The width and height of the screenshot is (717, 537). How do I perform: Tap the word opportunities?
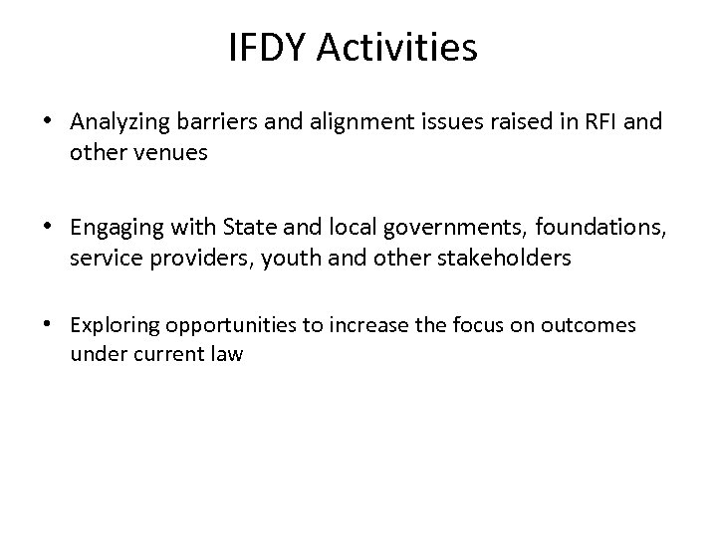click(227, 326)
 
